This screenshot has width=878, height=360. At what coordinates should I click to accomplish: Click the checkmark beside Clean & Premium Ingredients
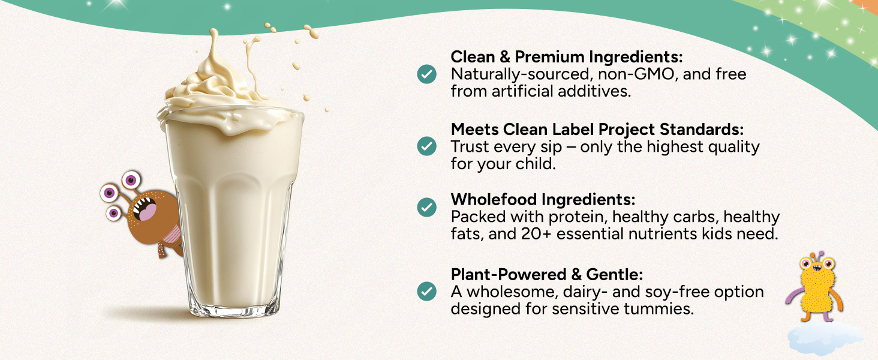coord(426,74)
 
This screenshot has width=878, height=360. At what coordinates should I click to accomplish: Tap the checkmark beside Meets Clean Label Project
coord(426,146)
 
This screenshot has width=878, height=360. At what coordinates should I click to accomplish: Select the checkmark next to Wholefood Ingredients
coord(426,208)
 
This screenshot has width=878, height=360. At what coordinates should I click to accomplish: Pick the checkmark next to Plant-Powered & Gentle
coord(426,292)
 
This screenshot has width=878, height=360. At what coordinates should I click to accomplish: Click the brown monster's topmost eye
coord(131,180)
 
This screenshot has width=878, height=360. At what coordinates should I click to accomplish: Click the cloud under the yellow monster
coord(825,338)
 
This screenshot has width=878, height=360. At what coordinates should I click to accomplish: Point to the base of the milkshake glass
coord(234,308)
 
